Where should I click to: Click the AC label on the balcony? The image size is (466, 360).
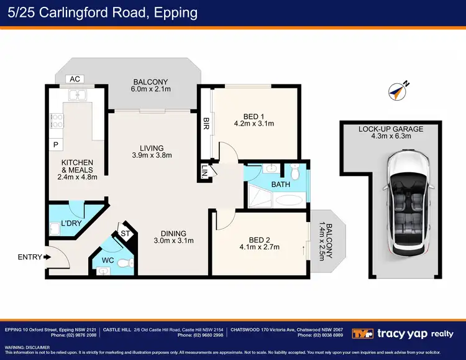coord(75,79)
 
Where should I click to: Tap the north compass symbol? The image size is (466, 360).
coord(396,91)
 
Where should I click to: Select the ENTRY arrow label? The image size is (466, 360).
coord(30,256)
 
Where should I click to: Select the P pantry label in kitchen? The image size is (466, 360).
coord(56,145)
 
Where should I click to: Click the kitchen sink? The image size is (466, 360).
coord(78,95)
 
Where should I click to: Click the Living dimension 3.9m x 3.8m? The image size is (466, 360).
coord(151,155)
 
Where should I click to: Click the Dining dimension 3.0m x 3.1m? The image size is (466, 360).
coord(174,241)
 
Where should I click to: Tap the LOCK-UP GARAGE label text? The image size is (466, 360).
coord(391,129)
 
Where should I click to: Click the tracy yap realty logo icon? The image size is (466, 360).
coord(362,333)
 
